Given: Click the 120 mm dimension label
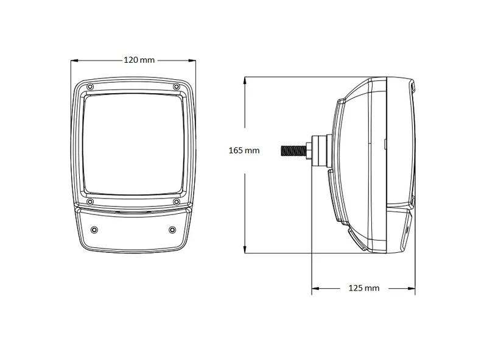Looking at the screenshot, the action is pos(139,60).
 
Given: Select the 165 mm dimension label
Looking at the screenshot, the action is pos(244,150).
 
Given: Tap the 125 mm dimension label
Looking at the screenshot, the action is pos(364,288).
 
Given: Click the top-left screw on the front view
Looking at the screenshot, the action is pos(90,86).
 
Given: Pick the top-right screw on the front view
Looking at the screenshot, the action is pos(176,86).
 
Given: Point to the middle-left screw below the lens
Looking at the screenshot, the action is pos(90,202).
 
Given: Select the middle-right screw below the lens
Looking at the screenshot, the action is pos(176,202).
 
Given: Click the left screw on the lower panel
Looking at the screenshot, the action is pos(94,230).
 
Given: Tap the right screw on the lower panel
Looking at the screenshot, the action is pos(172,230).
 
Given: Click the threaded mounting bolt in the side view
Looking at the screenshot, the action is pos(293,150).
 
